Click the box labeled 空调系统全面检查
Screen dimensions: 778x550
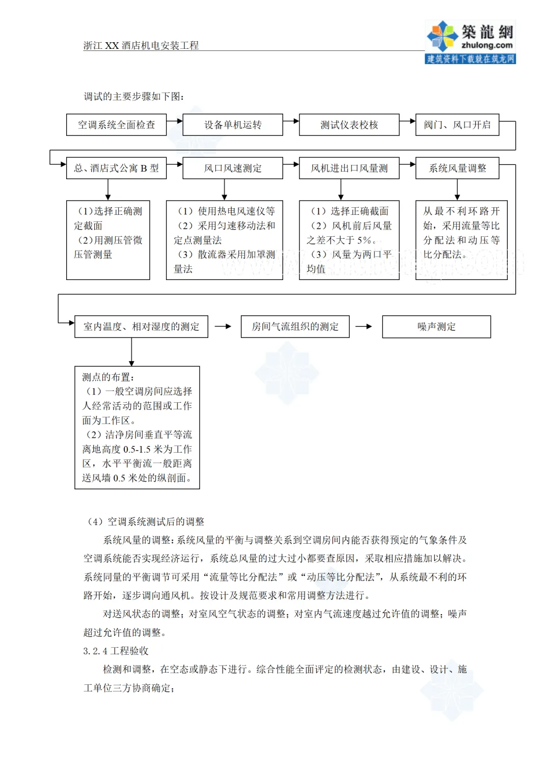116,125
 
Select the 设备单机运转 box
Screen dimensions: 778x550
233,125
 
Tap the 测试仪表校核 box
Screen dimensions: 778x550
349,125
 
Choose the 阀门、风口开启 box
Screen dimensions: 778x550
457,125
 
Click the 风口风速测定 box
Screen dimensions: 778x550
233,168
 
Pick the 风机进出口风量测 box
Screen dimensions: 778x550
349,168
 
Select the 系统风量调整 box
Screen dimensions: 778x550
457,168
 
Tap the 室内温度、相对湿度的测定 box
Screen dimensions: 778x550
141,326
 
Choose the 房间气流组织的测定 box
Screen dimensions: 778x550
295,326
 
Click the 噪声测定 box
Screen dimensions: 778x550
436,326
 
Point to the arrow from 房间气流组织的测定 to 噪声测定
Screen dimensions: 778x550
364,326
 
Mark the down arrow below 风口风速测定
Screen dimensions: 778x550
225,190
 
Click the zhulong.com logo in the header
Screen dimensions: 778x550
470,42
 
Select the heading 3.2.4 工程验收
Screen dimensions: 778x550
116,651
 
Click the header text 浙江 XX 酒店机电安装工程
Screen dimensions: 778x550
141,45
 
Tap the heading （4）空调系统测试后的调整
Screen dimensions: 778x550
146,521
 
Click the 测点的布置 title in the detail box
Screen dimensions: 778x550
108,377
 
